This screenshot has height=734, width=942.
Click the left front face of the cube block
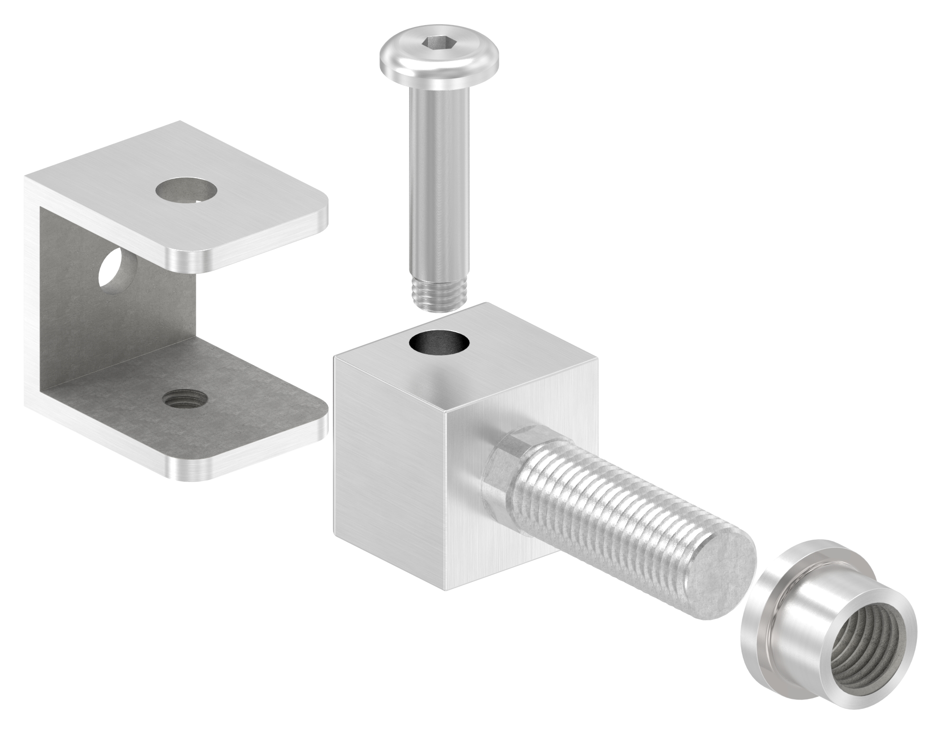tap(389, 455)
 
